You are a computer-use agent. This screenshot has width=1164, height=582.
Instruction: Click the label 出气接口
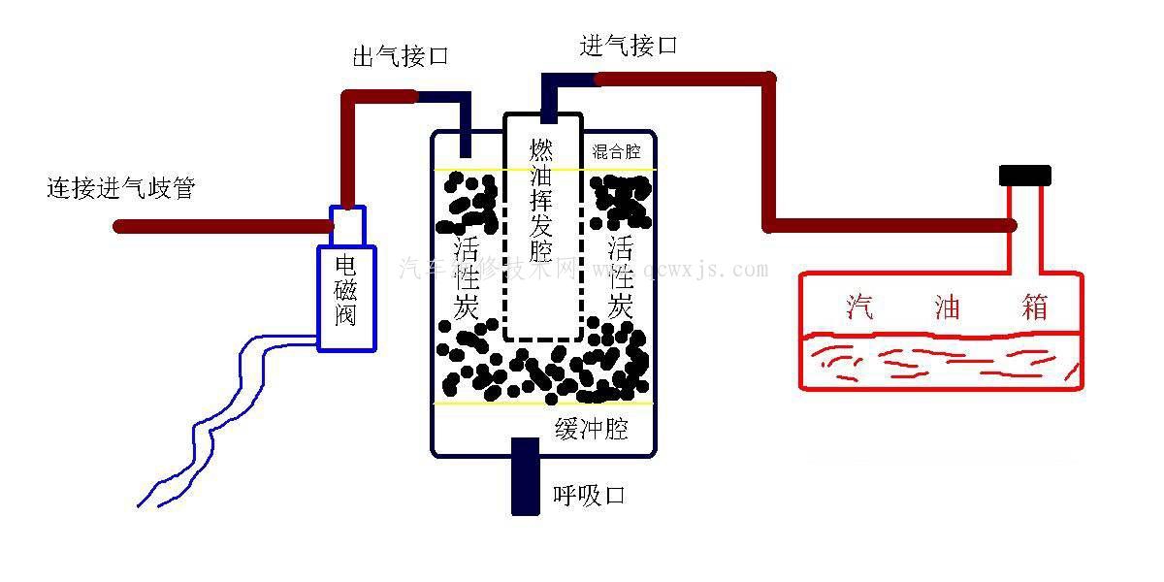(x=400, y=57)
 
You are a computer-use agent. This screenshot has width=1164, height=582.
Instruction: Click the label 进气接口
(x=628, y=46)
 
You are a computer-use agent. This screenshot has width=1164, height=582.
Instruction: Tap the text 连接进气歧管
(x=120, y=188)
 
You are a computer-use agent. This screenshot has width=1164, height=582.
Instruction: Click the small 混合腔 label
(x=616, y=152)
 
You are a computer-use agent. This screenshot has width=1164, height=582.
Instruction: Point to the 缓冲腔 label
(x=591, y=429)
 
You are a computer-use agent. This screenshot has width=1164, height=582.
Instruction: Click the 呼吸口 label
(x=588, y=495)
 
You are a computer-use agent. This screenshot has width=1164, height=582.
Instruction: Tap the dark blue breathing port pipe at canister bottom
(x=525, y=476)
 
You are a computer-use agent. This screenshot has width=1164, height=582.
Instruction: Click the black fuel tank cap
(x=1025, y=176)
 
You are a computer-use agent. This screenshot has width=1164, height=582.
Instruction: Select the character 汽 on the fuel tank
(x=859, y=307)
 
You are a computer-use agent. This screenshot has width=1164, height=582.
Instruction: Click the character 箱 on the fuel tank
(x=1034, y=307)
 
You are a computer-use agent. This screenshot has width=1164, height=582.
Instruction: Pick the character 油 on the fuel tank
(x=947, y=307)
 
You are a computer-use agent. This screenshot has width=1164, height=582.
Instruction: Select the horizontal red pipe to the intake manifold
(x=223, y=227)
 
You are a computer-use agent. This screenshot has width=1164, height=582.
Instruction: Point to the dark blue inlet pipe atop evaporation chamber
(x=550, y=97)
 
